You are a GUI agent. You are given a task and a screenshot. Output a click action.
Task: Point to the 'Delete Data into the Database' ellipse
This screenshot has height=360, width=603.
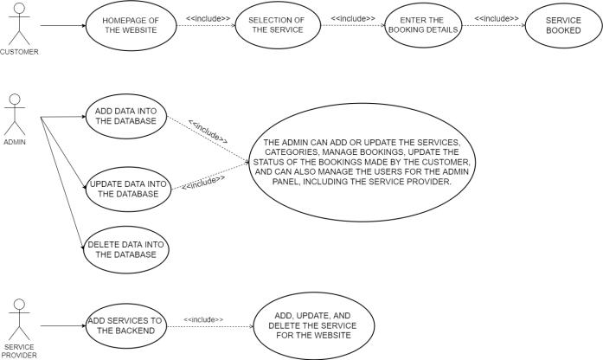tap(125, 250)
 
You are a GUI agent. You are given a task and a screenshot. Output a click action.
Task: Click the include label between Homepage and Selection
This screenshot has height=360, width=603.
tap(208, 17)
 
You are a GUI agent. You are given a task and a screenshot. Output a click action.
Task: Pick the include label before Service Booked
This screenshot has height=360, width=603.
tap(497, 17)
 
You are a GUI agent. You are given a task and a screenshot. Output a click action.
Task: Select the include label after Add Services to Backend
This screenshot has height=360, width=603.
tap(202, 319)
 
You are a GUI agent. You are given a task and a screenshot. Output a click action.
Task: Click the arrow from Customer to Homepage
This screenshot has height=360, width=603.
tap(62, 27)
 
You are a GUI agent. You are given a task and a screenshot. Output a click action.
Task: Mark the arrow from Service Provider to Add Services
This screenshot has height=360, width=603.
tap(61, 326)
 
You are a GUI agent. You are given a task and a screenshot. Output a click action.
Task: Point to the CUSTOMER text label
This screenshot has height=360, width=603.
tap(20, 52)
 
